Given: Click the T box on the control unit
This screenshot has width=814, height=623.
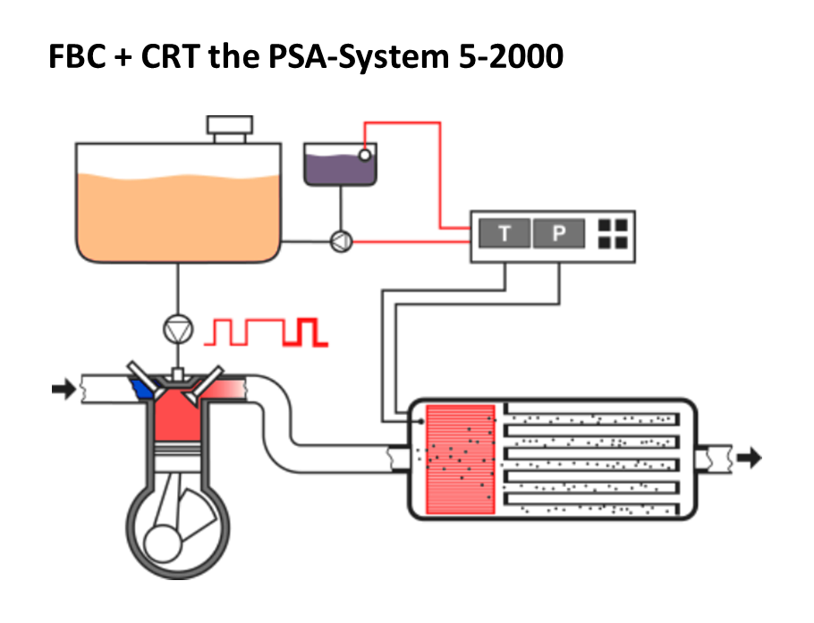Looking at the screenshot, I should click(505, 234).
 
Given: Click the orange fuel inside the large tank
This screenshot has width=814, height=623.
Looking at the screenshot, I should click(178, 215).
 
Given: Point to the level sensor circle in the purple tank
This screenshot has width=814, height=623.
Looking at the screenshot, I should click(365, 155).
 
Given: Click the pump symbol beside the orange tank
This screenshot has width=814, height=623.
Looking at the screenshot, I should click(340, 240).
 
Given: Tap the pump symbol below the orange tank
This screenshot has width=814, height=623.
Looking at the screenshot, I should click(177, 330).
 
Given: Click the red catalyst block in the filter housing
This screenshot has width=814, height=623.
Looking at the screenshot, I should click(461, 459).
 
